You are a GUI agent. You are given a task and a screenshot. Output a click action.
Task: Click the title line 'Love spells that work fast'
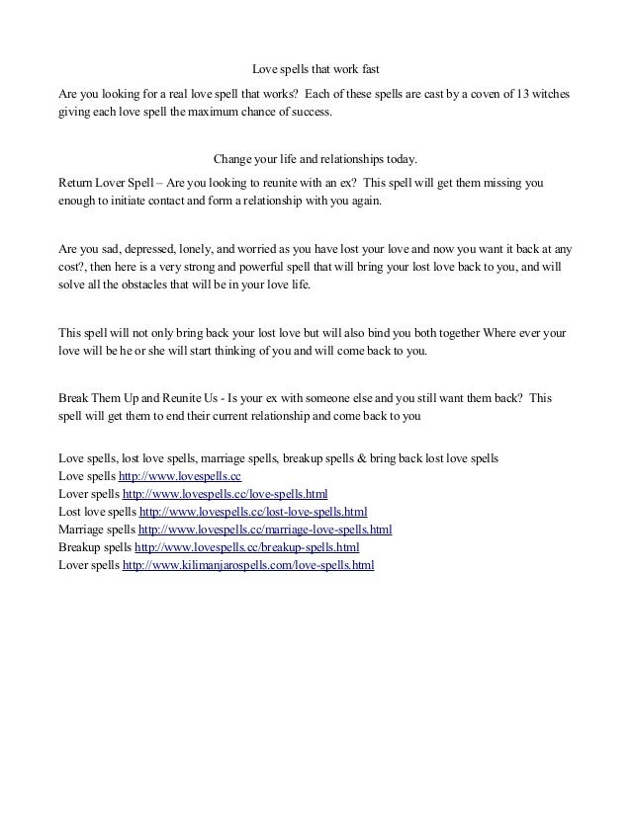[316, 70]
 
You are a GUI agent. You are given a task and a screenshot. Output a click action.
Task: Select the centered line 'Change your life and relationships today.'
[316, 159]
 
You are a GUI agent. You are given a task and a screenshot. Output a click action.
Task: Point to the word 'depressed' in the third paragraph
[153, 249]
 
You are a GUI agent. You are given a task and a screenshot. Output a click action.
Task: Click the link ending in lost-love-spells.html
[253, 512]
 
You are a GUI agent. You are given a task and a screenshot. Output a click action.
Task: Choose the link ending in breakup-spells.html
[246, 547]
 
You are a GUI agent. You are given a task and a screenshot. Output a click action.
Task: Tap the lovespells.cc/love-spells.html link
[225, 494]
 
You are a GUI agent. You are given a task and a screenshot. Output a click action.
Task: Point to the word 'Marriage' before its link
[82, 530]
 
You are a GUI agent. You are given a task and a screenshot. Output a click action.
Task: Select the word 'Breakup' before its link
[80, 547]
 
